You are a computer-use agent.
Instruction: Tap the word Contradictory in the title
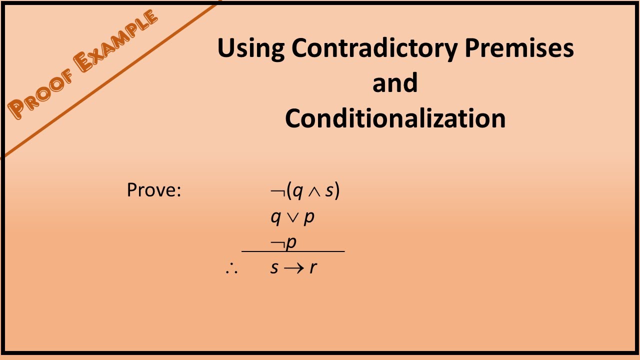374,48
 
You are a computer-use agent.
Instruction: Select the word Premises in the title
519,48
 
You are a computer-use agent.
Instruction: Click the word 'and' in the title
394,83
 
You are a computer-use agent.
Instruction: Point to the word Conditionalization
395,118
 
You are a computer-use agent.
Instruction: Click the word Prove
153,190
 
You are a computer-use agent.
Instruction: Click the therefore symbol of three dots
231,268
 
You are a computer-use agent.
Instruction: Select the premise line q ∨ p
292,217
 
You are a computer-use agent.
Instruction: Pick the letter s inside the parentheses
328,191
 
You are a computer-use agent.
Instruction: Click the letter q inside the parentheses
298,192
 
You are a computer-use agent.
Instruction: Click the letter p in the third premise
291,243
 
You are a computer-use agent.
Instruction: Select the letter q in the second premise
275,218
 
